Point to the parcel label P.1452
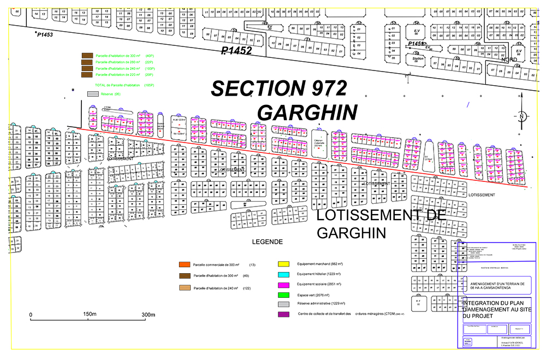[236, 51]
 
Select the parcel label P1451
[417, 43]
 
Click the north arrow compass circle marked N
[522, 116]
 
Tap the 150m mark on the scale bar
[90, 315]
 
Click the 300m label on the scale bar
[149, 315]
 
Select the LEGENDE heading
[267, 241]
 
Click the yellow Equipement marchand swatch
[283, 263]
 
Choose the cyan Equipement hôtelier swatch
[283, 274]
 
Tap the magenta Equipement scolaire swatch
[283, 284]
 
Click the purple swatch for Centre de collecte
[283, 314]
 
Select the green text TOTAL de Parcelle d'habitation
[116, 85]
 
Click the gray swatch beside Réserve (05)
[93, 94]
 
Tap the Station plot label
[418, 58]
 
